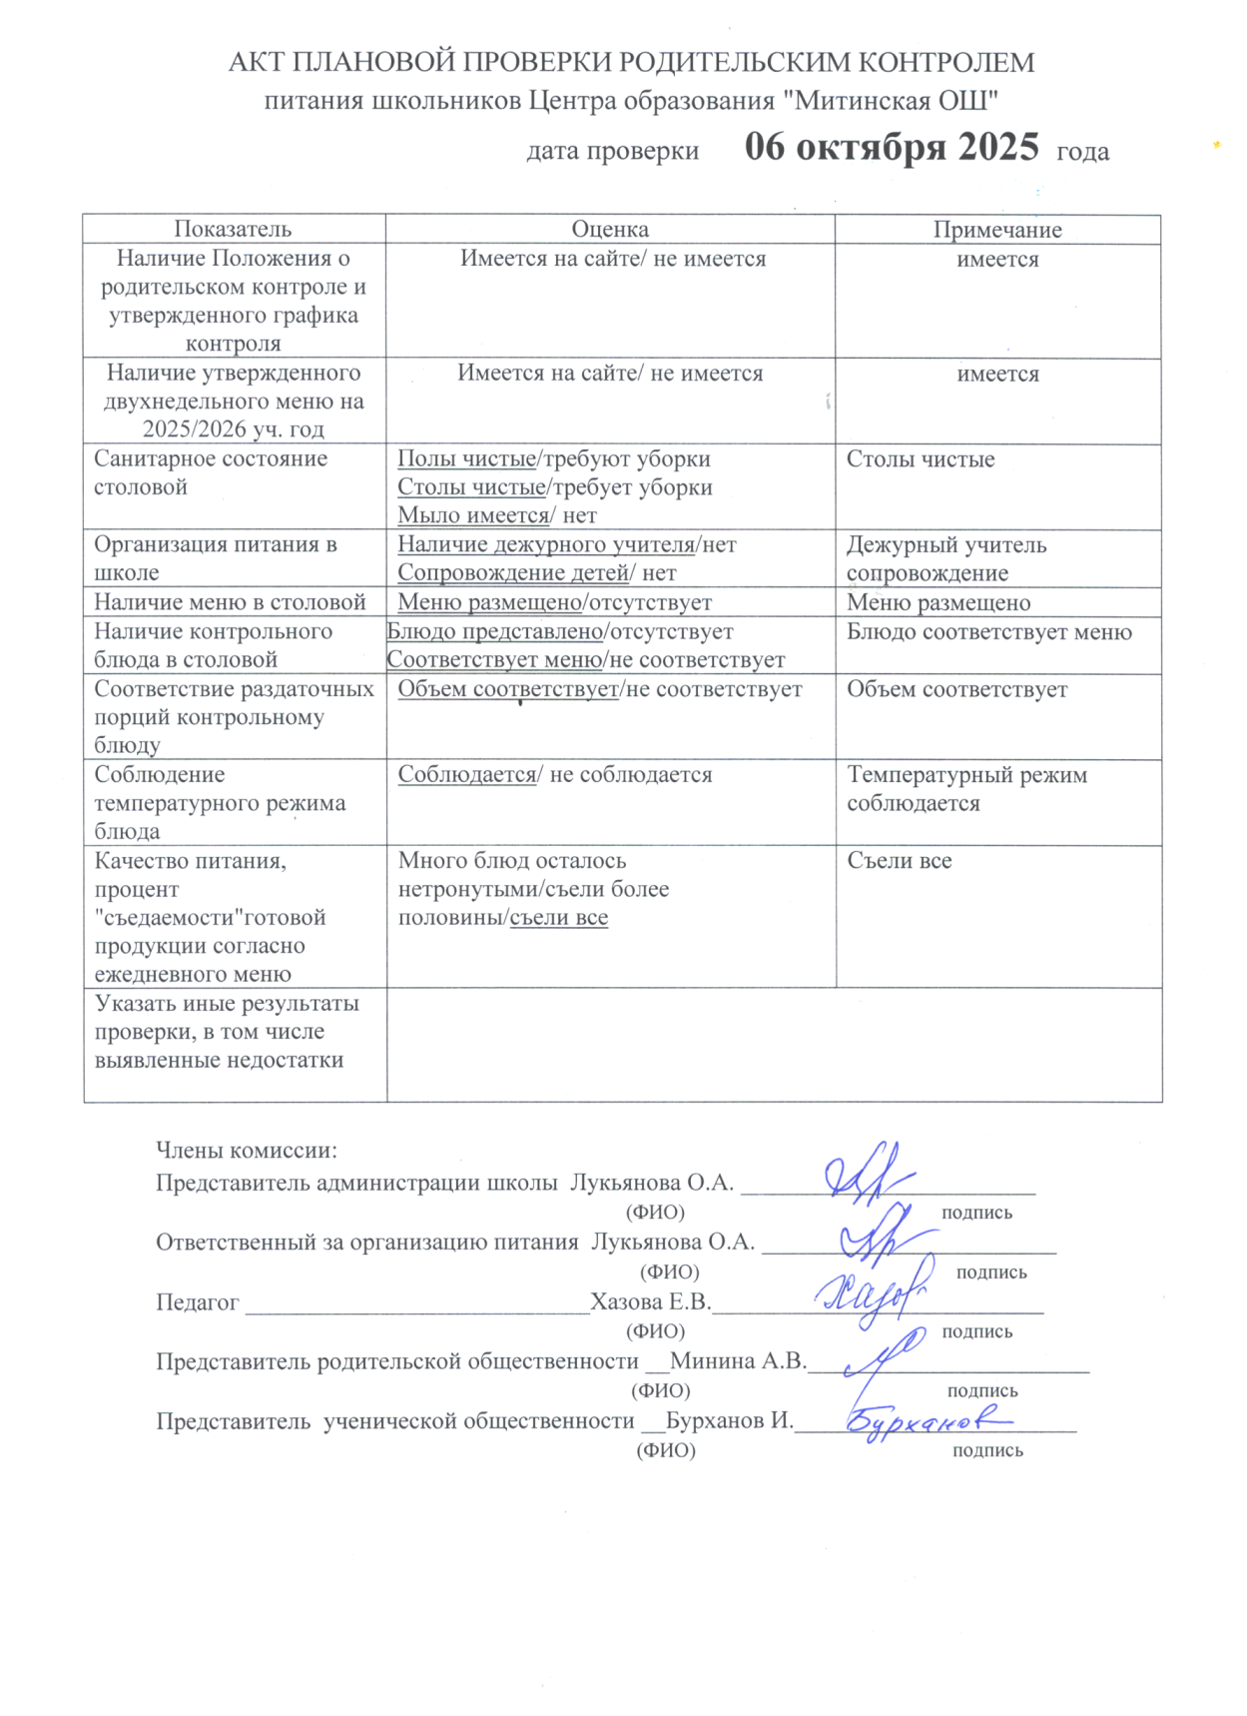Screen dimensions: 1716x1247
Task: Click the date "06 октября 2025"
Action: click(891, 148)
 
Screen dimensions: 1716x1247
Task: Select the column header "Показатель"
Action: click(233, 229)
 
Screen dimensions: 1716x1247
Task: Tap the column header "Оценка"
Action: click(609, 230)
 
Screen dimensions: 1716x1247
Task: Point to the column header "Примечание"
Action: click(996, 230)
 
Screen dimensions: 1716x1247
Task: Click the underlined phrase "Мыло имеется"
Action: click(473, 515)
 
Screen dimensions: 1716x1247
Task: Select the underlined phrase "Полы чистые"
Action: click(466, 458)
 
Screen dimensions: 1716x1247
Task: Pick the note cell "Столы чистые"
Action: click(921, 459)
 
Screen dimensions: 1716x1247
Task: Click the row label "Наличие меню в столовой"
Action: click(230, 602)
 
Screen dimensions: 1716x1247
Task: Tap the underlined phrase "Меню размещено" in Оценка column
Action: click(489, 602)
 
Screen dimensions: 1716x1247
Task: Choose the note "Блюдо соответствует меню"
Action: click(988, 631)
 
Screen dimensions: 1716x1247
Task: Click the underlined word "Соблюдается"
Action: click(466, 775)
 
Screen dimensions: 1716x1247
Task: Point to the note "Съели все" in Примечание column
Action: click(899, 861)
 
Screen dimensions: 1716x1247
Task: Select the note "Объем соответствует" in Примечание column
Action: click(956, 689)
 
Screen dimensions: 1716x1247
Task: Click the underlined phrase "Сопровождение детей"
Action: click(513, 573)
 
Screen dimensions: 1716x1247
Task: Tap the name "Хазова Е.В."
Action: click(650, 1301)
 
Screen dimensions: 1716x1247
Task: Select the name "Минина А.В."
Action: click(737, 1360)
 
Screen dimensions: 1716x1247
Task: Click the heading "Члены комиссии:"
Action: click(246, 1151)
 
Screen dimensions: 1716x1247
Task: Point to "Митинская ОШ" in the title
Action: click(896, 101)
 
